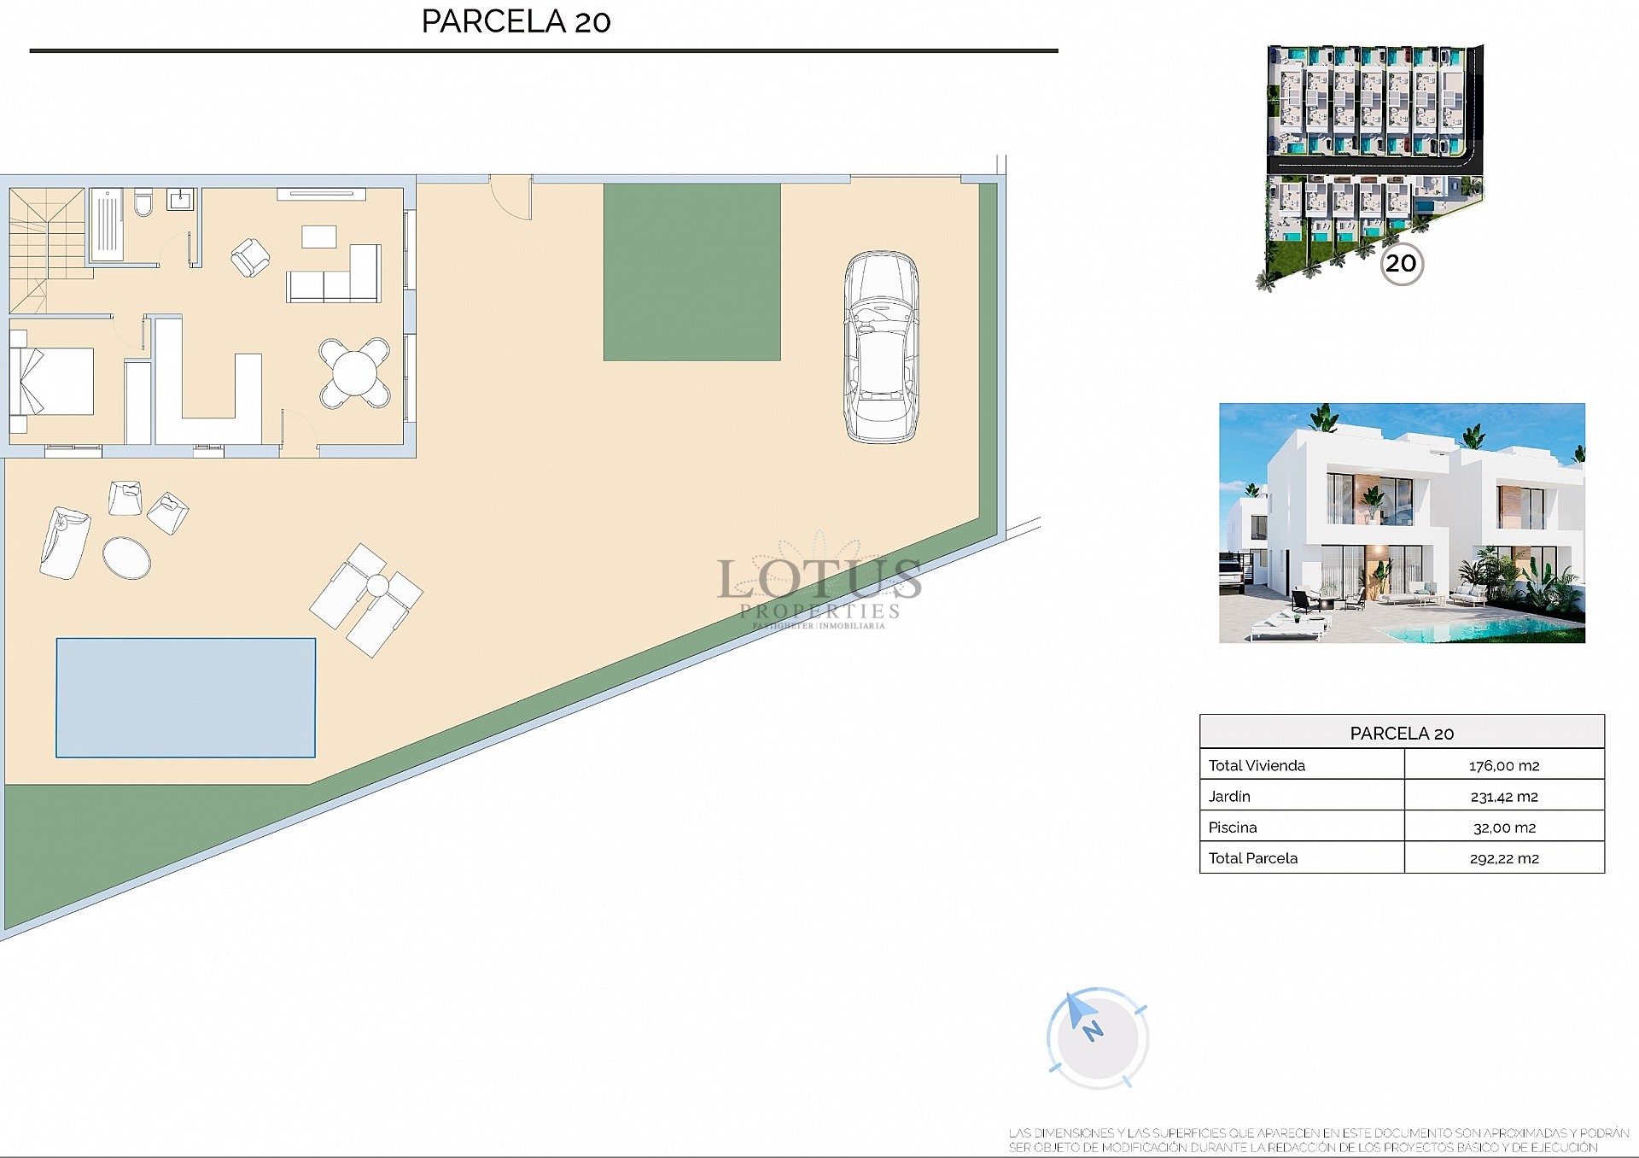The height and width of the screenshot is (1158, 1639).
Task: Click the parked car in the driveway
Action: [x=881, y=347]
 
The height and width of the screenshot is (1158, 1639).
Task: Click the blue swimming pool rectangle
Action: [x=185, y=698]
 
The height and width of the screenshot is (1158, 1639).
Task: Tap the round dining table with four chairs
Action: [x=354, y=372]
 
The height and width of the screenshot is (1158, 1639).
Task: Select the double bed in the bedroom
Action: [x=53, y=381]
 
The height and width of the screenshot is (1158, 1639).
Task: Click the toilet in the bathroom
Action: [x=143, y=203]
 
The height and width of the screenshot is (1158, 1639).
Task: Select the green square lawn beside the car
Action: [x=691, y=272]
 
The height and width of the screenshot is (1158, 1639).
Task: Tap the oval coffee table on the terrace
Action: [x=126, y=557]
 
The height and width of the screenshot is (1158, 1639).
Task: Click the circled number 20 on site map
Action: [x=1401, y=263]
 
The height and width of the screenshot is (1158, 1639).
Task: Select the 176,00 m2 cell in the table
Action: [x=1503, y=765]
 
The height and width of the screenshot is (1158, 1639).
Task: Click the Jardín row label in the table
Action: [x=1229, y=796]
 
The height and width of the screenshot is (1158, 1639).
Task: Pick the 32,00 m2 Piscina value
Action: [x=1503, y=827]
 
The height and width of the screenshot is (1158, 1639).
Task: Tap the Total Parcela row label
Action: [x=1252, y=857]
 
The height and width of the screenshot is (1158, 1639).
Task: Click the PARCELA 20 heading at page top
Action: [x=516, y=21]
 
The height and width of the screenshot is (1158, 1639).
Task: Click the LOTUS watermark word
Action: [x=819, y=579]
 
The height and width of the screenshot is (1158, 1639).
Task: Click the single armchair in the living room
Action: [x=250, y=258]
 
